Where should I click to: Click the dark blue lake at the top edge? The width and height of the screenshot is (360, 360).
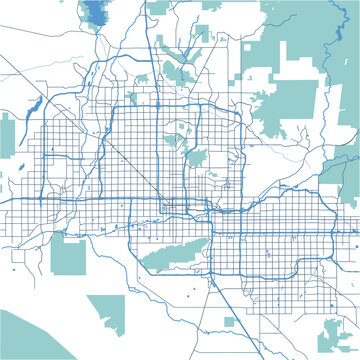[x=97, y=13]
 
